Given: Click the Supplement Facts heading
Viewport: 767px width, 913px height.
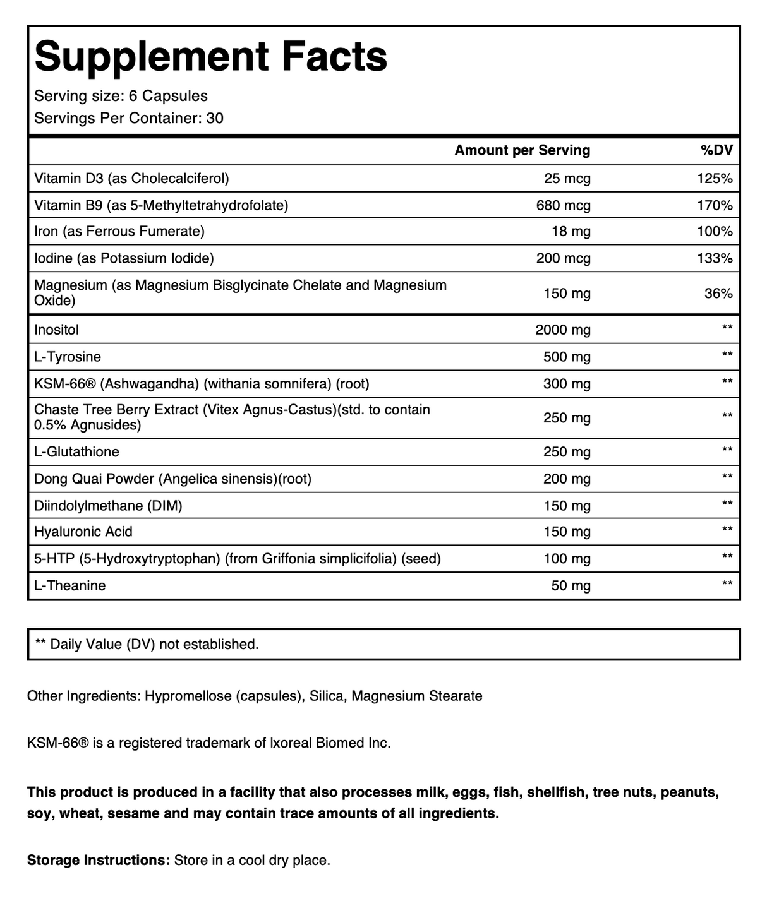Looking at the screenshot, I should (x=210, y=57).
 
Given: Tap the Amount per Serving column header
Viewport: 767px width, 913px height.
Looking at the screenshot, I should (x=522, y=150).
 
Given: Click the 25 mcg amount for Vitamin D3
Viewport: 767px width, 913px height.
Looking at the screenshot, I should (x=567, y=179).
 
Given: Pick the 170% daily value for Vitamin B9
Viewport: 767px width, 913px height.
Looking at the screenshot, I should (x=714, y=205).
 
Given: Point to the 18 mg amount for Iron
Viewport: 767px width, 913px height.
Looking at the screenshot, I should (x=571, y=232).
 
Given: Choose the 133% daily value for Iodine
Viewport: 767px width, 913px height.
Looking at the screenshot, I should (x=714, y=258).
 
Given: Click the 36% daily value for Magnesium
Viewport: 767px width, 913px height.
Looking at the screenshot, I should (x=718, y=294).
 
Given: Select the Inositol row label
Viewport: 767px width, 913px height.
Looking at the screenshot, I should (x=57, y=330).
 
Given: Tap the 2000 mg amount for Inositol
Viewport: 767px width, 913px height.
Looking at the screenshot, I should (x=562, y=330).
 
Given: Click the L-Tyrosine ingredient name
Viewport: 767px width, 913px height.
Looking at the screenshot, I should (x=68, y=357).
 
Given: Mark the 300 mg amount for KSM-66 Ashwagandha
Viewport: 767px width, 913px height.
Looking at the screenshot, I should (x=567, y=383).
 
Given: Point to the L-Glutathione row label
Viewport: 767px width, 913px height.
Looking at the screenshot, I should (x=76, y=452).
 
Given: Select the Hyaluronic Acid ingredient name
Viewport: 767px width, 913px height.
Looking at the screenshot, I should (x=83, y=532).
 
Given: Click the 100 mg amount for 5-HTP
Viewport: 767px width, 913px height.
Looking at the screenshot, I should (x=567, y=559).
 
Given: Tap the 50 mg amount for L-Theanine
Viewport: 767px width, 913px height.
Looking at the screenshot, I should (x=571, y=586).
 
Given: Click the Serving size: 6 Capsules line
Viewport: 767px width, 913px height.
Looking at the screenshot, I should (x=121, y=96).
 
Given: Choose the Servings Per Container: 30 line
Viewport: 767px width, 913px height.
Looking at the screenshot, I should (x=129, y=118).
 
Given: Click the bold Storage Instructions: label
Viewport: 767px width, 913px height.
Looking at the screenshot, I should (x=98, y=861).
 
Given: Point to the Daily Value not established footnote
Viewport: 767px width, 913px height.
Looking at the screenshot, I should (x=147, y=645).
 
